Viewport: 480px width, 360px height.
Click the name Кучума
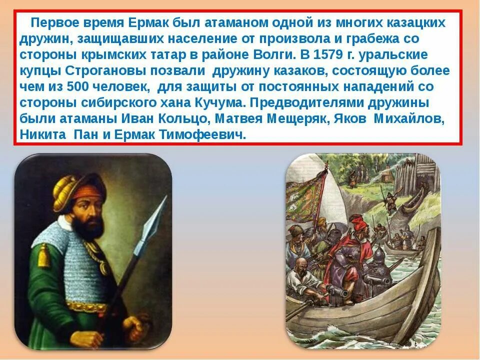(215, 102)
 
